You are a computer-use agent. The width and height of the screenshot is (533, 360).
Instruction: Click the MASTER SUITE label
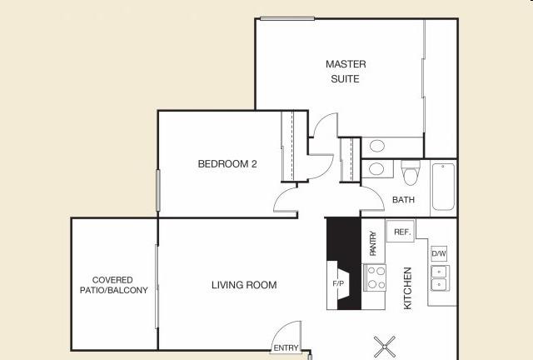tap(346, 72)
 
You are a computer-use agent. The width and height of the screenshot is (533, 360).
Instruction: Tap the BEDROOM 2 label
tap(227, 164)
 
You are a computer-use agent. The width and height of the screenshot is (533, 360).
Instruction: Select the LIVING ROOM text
tap(244, 285)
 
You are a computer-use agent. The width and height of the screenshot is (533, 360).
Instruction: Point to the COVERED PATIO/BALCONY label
tap(113, 285)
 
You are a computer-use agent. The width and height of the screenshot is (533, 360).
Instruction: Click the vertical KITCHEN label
tap(407, 288)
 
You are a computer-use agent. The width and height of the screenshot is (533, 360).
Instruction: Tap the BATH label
tap(403, 200)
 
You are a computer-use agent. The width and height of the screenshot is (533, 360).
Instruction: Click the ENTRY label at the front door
tap(286, 348)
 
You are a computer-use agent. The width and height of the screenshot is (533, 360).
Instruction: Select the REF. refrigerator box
tap(401, 232)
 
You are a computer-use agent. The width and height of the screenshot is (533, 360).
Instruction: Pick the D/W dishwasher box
tap(439, 253)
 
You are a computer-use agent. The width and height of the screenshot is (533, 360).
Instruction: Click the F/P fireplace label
tap(338, 283)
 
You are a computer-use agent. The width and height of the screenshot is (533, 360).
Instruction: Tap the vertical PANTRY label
tap(373, 243)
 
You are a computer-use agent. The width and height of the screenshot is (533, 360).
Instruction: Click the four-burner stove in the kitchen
tap(375, 277)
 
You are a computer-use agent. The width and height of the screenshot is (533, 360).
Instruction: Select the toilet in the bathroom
tap(411, 173)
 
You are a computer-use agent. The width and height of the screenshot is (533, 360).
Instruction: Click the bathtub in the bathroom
tap(443, 187)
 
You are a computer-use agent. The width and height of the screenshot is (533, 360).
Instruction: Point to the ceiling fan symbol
tap(385, 347)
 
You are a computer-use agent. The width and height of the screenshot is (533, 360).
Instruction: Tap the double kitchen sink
tap(440, 278)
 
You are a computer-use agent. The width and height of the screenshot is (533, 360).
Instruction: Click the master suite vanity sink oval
tap(377, 146)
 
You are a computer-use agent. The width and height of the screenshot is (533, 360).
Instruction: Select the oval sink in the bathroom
tap(376, 169)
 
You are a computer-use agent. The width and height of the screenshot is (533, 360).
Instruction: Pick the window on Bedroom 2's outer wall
tap(157, 190)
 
